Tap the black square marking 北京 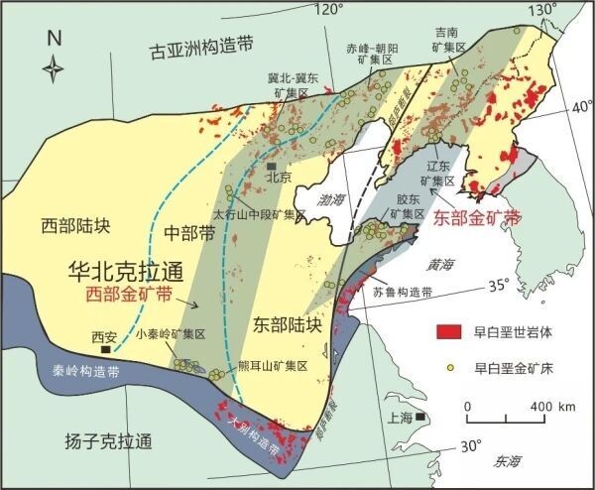point(271,166)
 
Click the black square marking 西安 point(104,349)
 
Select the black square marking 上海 point(420,417)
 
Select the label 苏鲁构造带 point(403,293)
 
